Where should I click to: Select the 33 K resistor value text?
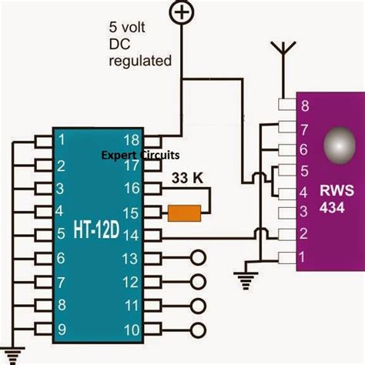[x=187, y=178]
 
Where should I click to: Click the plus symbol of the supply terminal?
[x=180, y=12]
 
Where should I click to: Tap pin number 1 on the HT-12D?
[x=60, y=139]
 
